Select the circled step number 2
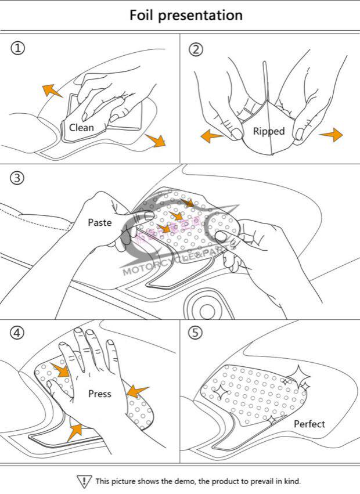tap(196, 49)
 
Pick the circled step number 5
tap(196, 333)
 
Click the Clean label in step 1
tap(81, 127)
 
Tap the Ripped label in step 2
tap(269, 131)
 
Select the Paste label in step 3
tap(99, 222)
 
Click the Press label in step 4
tap(99, 394)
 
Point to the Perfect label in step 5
tap(309, 424)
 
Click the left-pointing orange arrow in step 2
tap(211, 136)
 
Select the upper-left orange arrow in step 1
tap(52, 90)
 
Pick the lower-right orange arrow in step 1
tap(156, 140)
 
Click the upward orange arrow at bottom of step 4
tap(75, 431)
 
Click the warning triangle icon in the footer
tap(84, 481)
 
